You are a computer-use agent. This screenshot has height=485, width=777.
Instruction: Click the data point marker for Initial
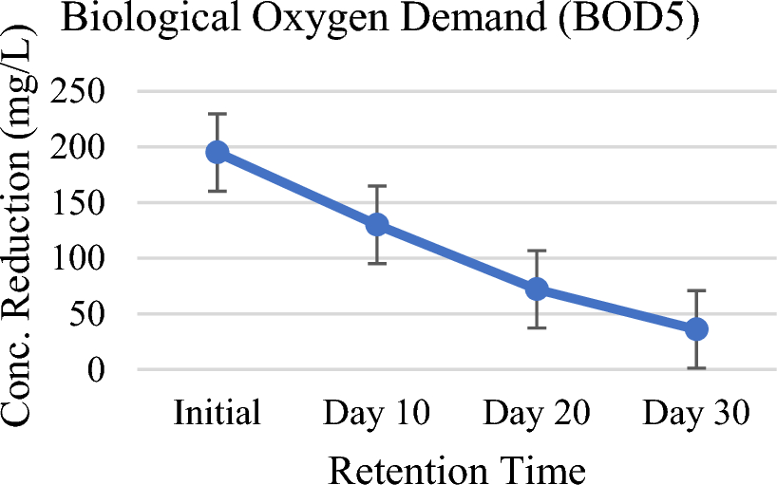click(218, 152)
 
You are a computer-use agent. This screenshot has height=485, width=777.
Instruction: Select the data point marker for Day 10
click(377, 225)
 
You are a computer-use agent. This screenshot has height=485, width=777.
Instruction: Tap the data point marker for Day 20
click(537, 289)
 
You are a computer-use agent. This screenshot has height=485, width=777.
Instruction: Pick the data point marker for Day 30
click(696, 328)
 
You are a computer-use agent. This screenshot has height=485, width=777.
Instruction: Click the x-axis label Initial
click(218, 414)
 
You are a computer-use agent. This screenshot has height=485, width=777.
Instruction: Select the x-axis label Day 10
click(377, 414)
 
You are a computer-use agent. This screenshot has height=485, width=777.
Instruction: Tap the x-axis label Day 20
click(537, 414)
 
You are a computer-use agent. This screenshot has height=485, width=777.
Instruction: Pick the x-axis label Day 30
click(696, 414)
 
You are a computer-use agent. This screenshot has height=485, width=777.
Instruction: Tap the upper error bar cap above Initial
click(218, 114)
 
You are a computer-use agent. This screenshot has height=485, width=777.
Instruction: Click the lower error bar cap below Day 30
click(696, 367)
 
